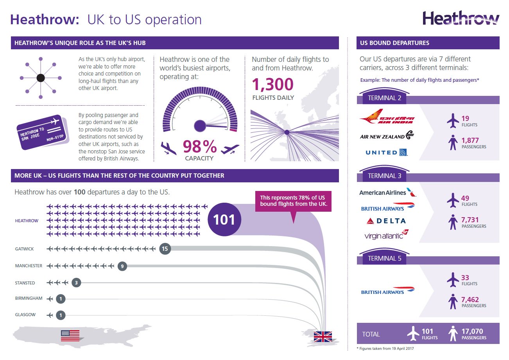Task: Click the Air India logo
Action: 387,117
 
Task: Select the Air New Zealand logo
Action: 387,135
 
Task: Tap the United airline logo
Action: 387,152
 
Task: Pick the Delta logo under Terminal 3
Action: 386,221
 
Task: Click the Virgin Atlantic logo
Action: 386,235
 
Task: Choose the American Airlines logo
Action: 388,193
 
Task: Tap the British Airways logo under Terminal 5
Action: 388,291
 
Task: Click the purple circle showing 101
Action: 224,220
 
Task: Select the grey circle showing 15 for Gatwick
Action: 165,248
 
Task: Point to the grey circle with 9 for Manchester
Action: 122,266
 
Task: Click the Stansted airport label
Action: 25,283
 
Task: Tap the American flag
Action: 70,336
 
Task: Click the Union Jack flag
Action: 323,337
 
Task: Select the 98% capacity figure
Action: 200,146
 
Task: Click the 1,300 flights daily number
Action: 273,85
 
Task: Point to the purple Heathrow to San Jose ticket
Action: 43,132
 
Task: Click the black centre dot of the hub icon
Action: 41,78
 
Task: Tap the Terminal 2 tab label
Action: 384,98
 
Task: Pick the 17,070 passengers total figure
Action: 472,331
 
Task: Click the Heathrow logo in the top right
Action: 461,18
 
